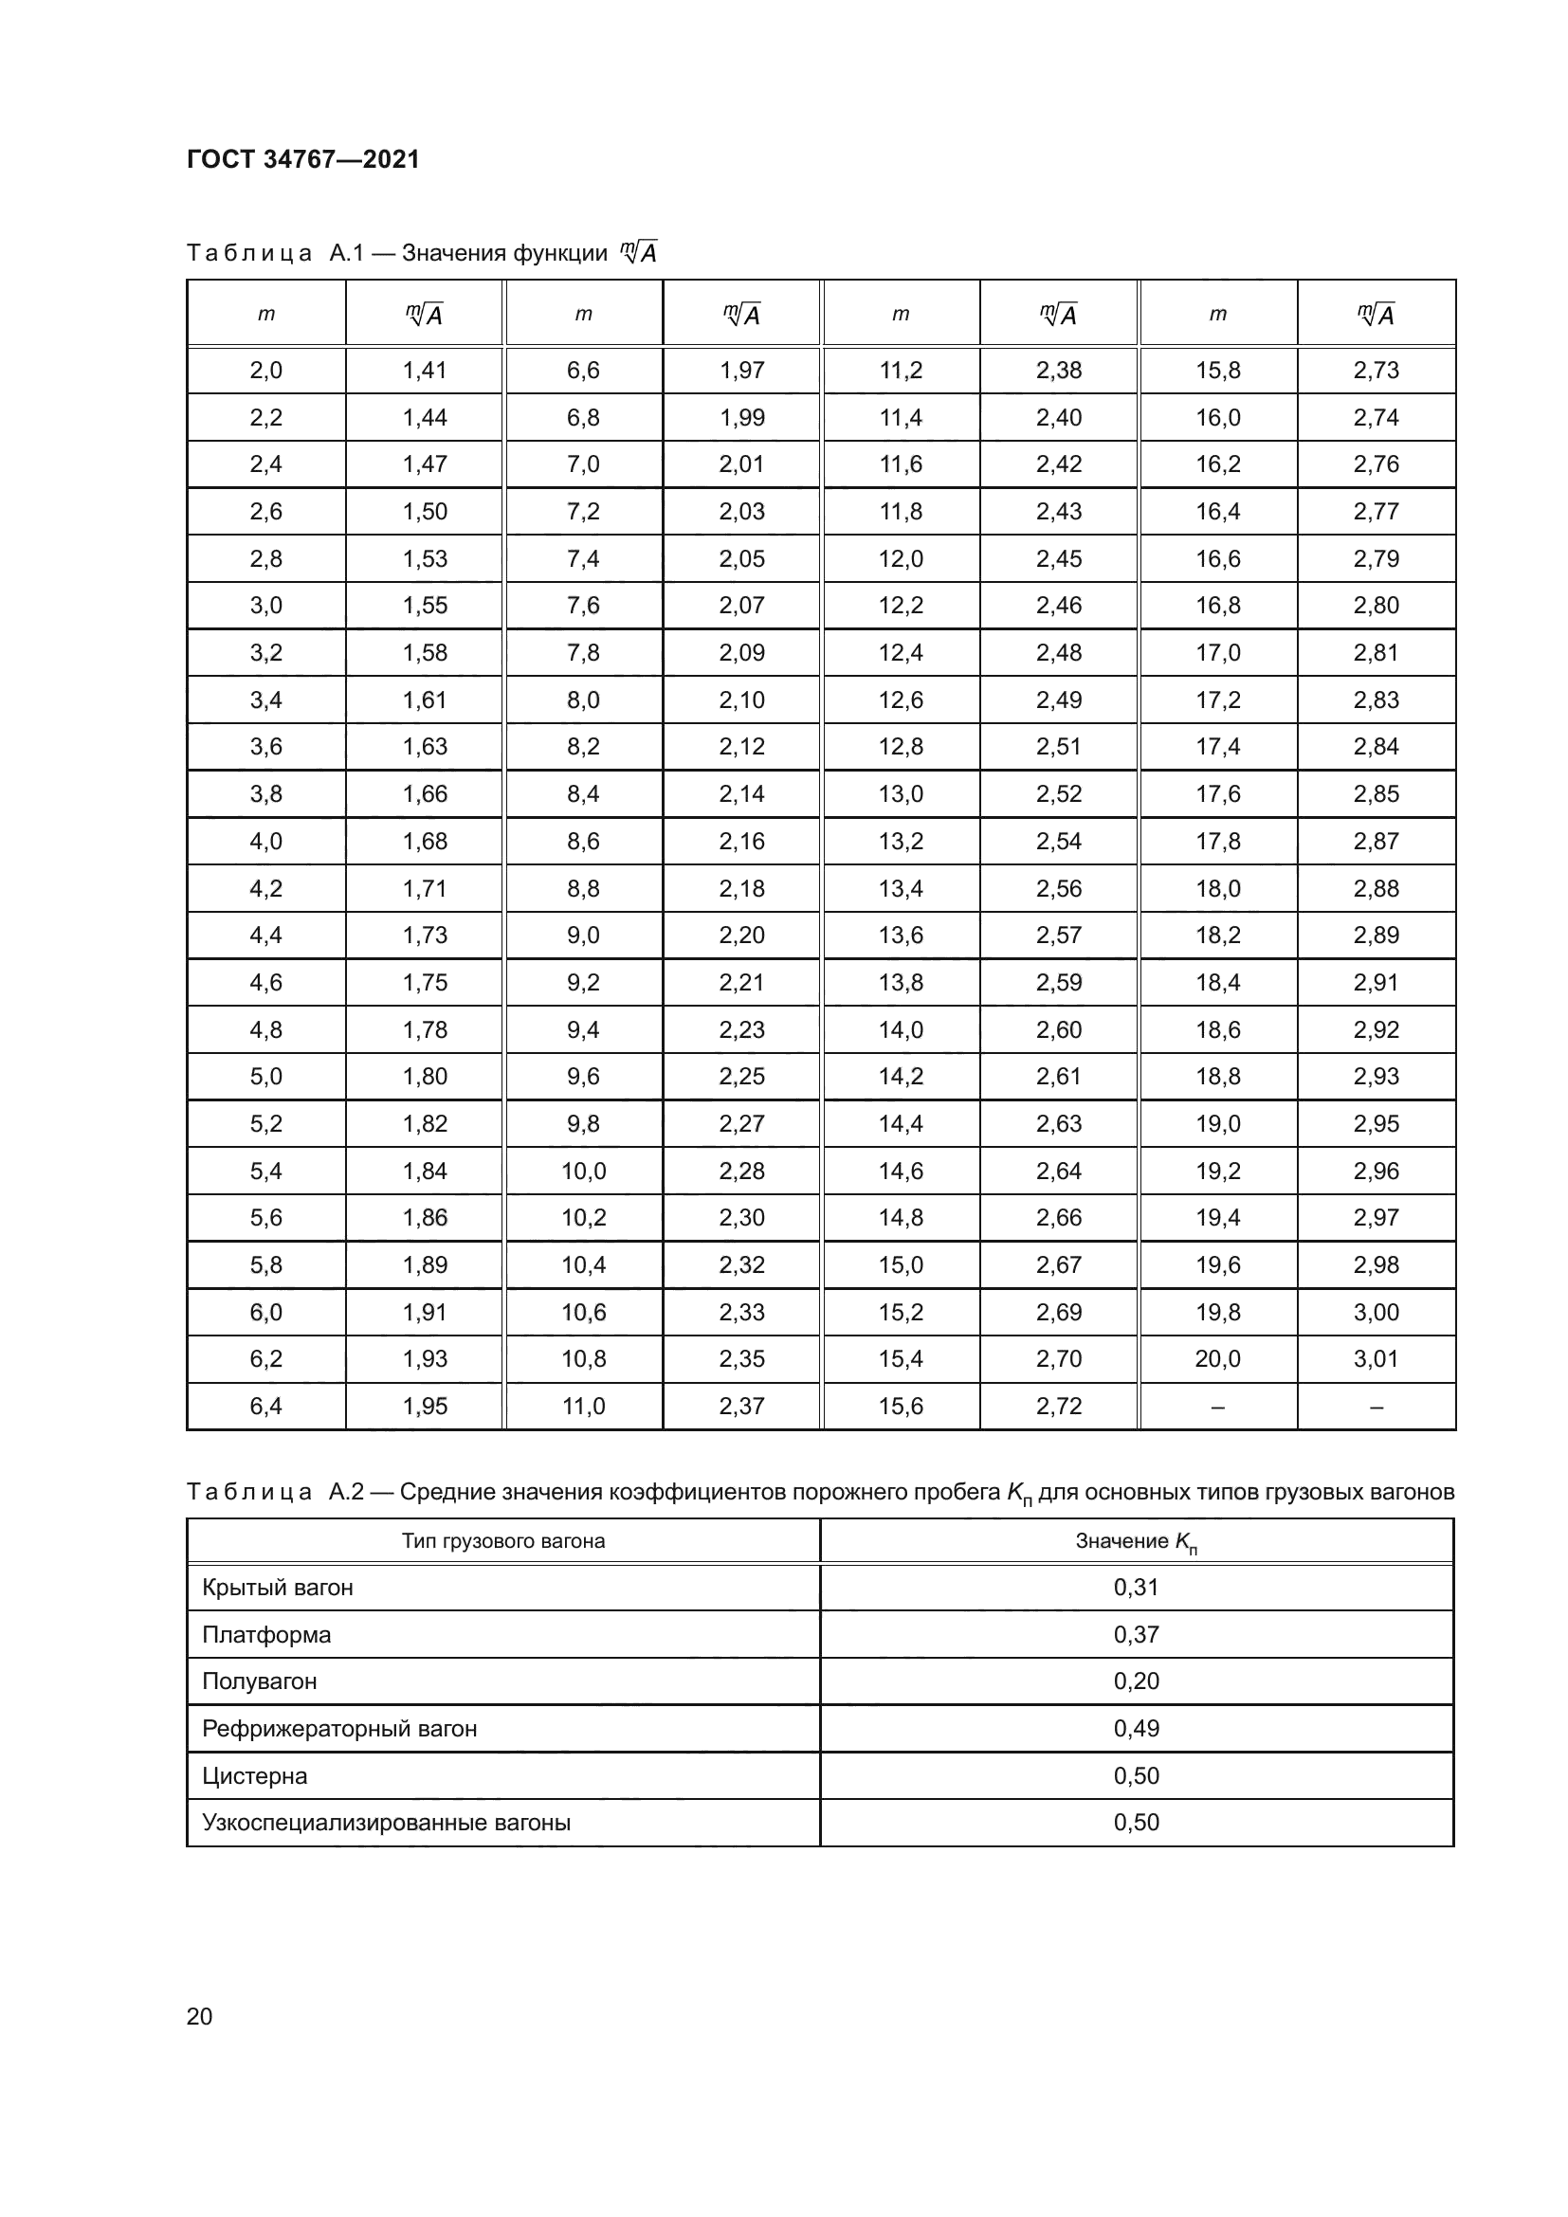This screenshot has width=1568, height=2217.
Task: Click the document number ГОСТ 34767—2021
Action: click(x=303, y=159)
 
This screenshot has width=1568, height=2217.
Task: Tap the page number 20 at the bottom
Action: click(x=199, y=2016)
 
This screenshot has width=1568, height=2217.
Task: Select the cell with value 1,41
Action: click(x=425, y=370)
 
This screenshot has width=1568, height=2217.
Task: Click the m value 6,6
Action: click(x=583, y=370)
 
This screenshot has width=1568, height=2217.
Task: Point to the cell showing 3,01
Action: click(x=1376, y=1358)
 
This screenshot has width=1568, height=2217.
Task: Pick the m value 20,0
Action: click(x=1217, y=1358)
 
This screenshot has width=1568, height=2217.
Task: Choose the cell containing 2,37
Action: click(x=741, y=1406)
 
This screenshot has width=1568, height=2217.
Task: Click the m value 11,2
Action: click(x=900, y=370)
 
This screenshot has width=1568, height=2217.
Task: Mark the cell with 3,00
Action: click(x=1376, y=1312)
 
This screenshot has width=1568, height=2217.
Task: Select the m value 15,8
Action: click(x=1217, y=370)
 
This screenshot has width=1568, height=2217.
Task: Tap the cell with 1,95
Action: click(x=425, y=1406)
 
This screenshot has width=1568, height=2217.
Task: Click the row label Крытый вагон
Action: click(x=277, y=1588)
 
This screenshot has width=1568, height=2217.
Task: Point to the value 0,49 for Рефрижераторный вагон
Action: click(x=1136, y=1729)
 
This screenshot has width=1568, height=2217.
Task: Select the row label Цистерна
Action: click(x=255, y=1775)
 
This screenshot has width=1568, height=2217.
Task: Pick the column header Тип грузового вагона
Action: click(x=503, y=1541)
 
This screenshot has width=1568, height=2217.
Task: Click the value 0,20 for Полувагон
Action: click(x=1136, y=1681)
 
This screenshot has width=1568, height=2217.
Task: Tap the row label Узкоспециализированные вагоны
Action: click(x=386, y=1823)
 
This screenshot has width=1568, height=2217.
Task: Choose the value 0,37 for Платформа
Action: click(x=1136, y=1635)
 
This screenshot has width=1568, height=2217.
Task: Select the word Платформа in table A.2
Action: click(x=266, y=1635)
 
